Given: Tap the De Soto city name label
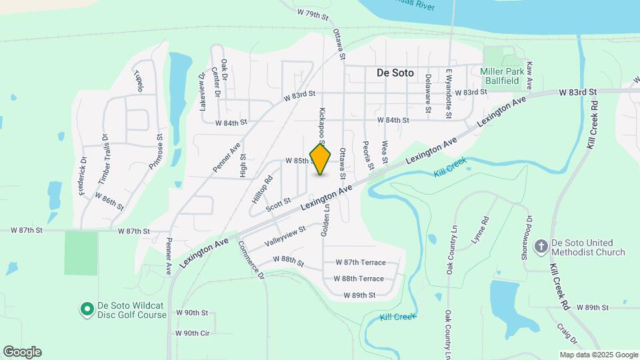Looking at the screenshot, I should click(x=395, y=73).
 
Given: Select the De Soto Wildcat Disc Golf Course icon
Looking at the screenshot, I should click(x=86, y=309).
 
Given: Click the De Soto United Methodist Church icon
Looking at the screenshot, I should click(x=541, y=247).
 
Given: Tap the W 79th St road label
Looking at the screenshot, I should click(x=312, y=15).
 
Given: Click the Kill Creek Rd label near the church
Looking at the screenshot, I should click(x=559, y=285).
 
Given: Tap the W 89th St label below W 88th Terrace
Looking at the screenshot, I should click(x=359, y=295).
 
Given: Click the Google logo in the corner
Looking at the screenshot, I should click(x=22, y=352).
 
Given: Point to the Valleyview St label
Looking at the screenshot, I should click(x=285, y=235).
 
